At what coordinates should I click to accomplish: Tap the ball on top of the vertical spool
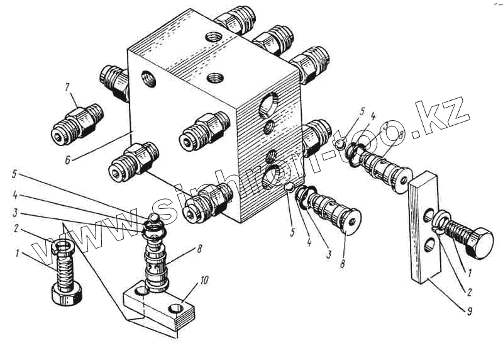[153, 218]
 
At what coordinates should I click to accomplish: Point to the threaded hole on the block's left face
[148, 79]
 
